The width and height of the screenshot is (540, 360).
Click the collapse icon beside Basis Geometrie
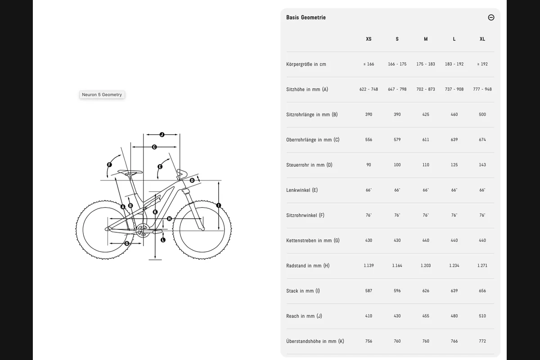[x=491, y=18]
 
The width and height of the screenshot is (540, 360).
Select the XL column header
[x=482, y=39]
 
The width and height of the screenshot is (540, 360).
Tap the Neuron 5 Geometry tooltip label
[x=102, y=94]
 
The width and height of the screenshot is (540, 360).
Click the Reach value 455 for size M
[x=426, y=316]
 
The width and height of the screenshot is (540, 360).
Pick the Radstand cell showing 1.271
[x=482, y=265]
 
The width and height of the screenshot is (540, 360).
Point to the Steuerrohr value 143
[x=482, y=165]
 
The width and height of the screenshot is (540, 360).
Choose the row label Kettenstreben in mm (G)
[x=313, y=240]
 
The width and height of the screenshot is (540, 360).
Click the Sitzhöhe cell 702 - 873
[x=426, y=89]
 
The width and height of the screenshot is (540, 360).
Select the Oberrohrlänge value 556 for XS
[x=369, y=139]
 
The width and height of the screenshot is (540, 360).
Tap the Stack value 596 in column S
[x=397, y=291]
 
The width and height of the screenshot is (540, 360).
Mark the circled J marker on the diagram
[x=162, y=135]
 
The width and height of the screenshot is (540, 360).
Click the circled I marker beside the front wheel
[x=219, y=206]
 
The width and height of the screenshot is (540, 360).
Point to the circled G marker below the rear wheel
[x=127, y=243]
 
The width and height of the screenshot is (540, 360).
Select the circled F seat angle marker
[x=109, y=165]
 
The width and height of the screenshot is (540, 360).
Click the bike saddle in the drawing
[x=130, y=172]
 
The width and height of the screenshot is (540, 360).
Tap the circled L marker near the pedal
[x=163, y=240]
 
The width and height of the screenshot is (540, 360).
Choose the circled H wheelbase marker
[x=169, y=219]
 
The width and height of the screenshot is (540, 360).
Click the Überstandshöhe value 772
[x=482, y=341]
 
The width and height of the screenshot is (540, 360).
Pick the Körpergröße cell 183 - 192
[x=454, y=64]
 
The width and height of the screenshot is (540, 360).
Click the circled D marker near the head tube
[x=192, y=180]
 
